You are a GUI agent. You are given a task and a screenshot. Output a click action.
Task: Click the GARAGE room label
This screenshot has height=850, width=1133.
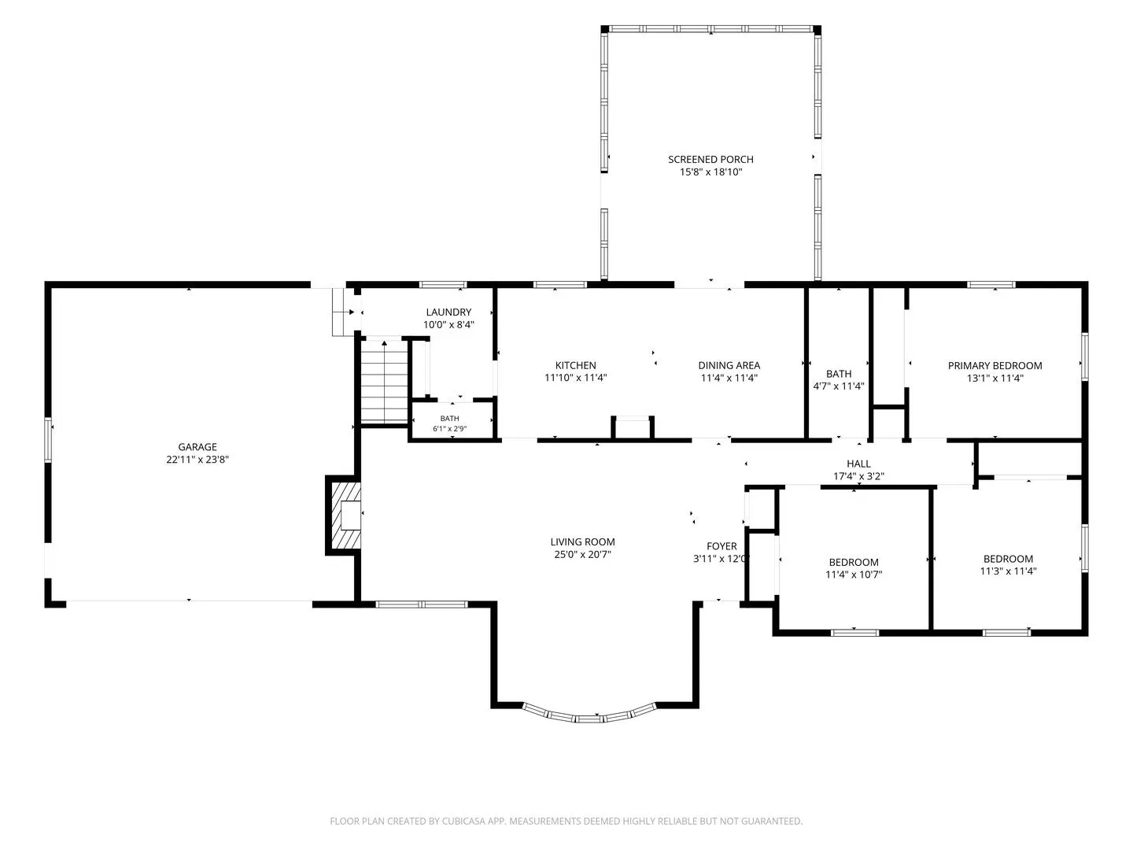[197, 447]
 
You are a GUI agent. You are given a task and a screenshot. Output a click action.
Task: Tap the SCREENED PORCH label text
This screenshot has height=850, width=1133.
[710, 160]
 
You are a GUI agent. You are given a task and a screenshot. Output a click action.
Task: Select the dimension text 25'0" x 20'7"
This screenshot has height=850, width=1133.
[582, 554]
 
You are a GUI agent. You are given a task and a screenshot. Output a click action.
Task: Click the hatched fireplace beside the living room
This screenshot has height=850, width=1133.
[345, 515]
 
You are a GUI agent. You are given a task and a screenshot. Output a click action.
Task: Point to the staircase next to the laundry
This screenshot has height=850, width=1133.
[384, 382]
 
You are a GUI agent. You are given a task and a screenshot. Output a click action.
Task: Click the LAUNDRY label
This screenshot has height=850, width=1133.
[448, 312]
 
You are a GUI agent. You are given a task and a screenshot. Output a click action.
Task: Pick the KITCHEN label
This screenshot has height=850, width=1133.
[575, 365]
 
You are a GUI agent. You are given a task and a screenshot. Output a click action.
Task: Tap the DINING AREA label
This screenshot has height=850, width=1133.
[729, 365]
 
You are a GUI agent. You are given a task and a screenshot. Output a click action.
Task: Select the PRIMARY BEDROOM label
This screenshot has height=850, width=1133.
[995, 366]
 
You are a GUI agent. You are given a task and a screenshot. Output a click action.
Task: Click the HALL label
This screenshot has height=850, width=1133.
[858, 464]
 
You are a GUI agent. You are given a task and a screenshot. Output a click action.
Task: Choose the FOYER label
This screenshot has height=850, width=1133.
[722, 546]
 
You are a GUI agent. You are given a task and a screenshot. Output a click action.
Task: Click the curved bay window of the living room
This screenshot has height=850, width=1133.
[589, 715]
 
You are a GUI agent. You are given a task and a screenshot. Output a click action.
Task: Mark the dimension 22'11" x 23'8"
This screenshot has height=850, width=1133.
[197, 460]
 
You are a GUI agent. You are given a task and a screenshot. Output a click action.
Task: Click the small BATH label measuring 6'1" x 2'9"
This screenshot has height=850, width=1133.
[449, 419]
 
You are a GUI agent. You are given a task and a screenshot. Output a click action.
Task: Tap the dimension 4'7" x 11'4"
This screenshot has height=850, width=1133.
[838, 386]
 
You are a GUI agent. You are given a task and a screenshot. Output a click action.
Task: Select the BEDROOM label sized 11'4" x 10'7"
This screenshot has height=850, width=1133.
[854, 563]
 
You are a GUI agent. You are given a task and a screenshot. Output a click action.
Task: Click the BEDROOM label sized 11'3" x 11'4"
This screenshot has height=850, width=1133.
[1008, 559]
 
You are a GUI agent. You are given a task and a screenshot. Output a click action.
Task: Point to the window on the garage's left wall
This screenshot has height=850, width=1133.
[48, 440]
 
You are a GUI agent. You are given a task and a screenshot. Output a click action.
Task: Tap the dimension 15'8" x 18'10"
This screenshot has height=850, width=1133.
[710, 172]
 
